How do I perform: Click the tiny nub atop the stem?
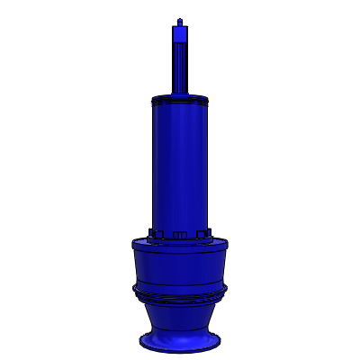(x=181, y=19)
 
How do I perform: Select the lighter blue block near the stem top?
(x=181, y=34)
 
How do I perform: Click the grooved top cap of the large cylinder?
(x=181, y=98)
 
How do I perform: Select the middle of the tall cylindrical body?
(x=181, y=162)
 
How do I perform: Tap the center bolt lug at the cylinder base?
(x=179, y=234)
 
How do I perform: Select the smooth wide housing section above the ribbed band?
(x=180, y=265)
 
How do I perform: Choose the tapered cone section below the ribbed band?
(x=180, y=315)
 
